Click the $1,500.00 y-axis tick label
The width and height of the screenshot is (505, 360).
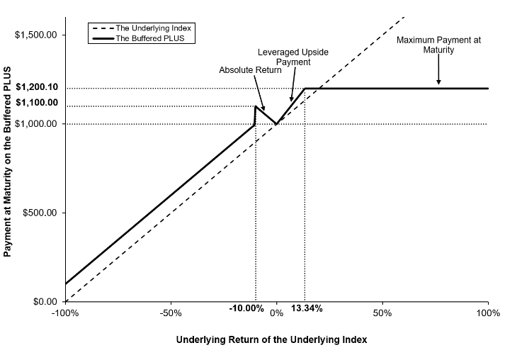click(35, 35)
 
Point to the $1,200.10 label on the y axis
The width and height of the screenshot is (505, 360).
click(37, 87)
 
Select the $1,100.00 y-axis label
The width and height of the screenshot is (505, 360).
click(37, 103)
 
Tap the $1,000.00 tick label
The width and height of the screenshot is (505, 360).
click(35, 124)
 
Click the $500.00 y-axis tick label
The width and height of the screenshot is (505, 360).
click(40, 213)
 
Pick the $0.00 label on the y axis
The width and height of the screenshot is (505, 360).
click(45, 302)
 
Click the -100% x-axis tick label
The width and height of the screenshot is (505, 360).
click(65, 313)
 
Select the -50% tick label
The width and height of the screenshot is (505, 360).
click(171, 313)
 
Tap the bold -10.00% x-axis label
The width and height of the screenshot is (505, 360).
click(246, 308)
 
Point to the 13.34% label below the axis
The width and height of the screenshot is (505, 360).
click(307, 308)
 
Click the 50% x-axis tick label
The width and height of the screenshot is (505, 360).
click(382, 313)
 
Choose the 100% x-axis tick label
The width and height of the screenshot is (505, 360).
click(489, 313)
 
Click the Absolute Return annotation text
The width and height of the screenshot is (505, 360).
click(250, 70)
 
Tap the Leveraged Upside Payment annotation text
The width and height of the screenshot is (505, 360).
click(293, 57)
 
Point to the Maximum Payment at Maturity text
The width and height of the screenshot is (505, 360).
click(438, 45)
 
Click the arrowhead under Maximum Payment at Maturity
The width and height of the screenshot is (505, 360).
click(438, 82)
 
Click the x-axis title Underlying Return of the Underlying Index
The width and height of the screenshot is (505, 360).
click(271, 339)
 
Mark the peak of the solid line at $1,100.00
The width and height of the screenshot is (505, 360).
click(256, 106)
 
